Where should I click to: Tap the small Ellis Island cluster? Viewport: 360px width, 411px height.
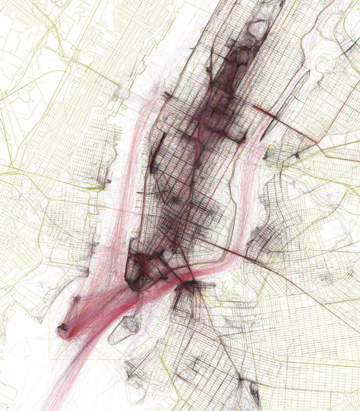pyautogui.click(x=76, y=299)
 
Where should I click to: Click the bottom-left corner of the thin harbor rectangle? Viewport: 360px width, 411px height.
pyautogui.click(x=49, y=359)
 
